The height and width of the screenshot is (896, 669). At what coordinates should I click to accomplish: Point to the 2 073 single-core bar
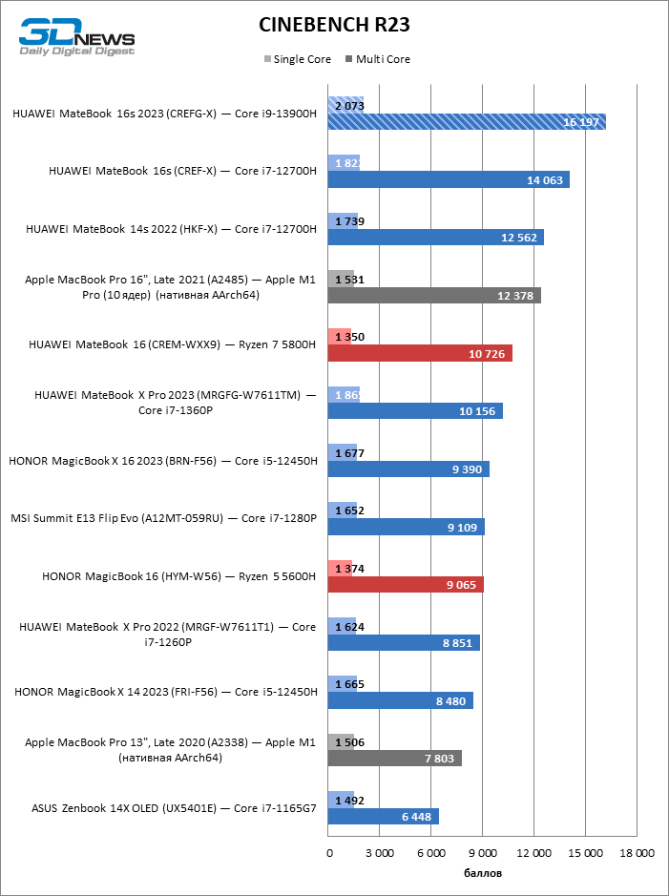point(345,104)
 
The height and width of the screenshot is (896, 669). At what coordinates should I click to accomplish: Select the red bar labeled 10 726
point(419,353)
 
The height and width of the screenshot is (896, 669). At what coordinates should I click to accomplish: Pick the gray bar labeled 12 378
point(433,296)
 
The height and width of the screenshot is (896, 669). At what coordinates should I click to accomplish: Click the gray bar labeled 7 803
point(394,758)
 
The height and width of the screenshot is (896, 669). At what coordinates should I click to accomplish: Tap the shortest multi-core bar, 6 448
point(383,816)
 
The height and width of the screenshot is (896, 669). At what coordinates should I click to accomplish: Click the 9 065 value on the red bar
point(461,585)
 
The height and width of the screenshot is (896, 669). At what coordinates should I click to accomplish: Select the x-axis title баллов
point(482,873)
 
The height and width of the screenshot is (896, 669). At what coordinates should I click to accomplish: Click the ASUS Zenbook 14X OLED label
point(174,806)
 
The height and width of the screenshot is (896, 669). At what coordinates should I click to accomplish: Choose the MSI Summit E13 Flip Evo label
point(163,518)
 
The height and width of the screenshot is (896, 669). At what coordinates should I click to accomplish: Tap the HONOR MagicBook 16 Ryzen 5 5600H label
point(179,576)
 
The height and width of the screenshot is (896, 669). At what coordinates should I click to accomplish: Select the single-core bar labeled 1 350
point(339,336)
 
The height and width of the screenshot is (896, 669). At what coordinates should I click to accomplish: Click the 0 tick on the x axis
point(329,853)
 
